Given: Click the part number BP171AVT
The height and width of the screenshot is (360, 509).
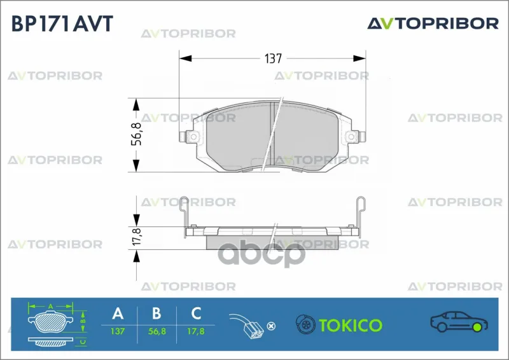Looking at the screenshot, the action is click(x=62, y=24).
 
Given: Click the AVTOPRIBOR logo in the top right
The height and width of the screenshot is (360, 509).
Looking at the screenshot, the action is click(x=433, y=24).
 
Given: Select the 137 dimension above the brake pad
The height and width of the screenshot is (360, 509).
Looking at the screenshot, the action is click(x=273, y=59).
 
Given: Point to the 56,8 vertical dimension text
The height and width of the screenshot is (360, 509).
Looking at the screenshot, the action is click(x=137, y=134).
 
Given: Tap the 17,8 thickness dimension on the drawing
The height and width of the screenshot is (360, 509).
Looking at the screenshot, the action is click(x=137, y=237).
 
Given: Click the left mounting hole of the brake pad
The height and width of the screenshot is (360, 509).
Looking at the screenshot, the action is click(x=193, y=136).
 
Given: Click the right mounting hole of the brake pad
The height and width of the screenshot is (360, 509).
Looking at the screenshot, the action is click(x=351, y=136).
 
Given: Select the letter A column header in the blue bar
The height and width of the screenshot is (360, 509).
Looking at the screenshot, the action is click(x=118, y=314).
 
